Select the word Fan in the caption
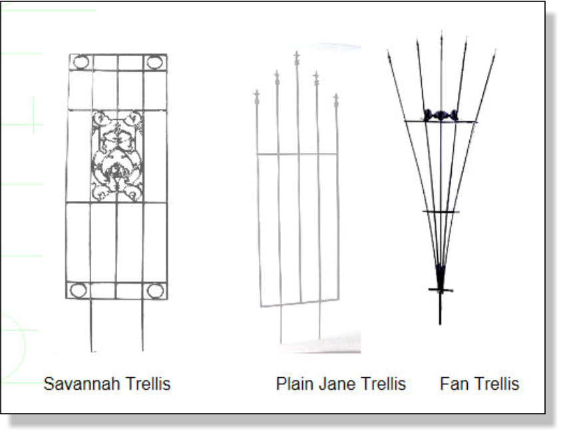(453, 384)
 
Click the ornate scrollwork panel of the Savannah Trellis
(117, 156)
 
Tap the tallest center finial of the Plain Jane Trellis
(297, 59)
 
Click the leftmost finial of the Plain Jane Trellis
(257, 97)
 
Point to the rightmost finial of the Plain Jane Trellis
(336, 101)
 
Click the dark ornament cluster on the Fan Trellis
(441, 115)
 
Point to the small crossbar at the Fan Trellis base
(441, 289)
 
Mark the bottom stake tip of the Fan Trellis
(440, 325)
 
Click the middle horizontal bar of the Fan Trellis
(441, 212)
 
